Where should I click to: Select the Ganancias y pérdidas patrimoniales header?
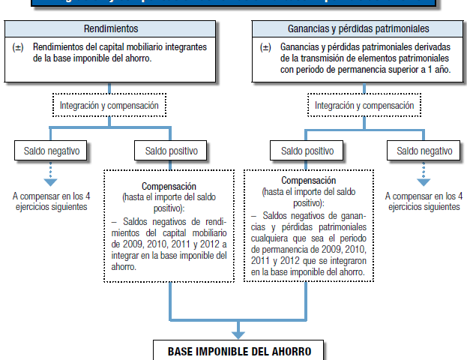pyautogui.click(x=356, y=29)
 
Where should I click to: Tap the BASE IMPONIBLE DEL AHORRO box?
pyautogui.click(x=238, y=351)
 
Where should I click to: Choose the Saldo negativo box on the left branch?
pyautogui.click(x=50, y=151)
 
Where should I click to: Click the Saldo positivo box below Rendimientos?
pyautogui.click(x=171, y=151)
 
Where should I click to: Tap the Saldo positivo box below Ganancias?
pyautogui.click(x=307, y=151)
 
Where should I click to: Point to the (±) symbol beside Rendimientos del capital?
pyautogui.click(x=19, y=47)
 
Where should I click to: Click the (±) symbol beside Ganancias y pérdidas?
pyautogui.click(x=266, y=47)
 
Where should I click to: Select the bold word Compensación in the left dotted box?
pyautogui.click(x=169, y=186)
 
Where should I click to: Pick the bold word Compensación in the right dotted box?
pyautogui.click(x=307, y=181)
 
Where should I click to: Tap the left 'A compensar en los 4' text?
pyautogui.click(x=50, y=196)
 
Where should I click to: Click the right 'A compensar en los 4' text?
pyautogui.click(x=424, y=196)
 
